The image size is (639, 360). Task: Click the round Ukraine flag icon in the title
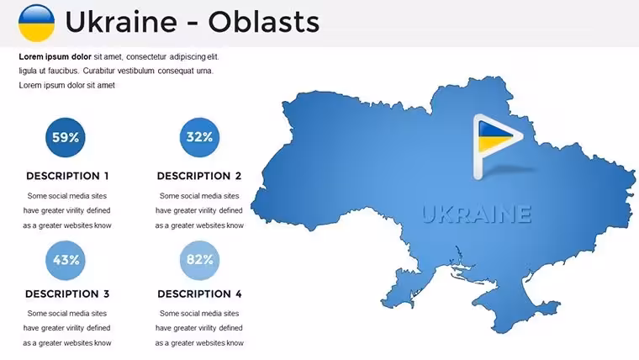[36, 23]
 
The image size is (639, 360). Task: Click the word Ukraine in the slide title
[121, 22]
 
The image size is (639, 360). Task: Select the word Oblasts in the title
[264, 22]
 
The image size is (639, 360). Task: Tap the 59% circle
[66, 137]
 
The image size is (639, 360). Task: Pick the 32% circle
[199, 137]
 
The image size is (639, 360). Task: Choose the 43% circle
[66, 260]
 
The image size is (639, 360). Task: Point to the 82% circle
[199, 260]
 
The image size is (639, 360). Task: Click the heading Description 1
[67, 176]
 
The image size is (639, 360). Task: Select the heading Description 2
[199, 176]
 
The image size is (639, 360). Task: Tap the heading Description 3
[67, 294]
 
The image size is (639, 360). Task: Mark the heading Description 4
[199, 294]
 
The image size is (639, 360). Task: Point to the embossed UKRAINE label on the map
[477, 214]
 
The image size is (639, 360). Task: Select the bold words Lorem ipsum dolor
[55, 56]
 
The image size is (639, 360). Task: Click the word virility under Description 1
[74, 210]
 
